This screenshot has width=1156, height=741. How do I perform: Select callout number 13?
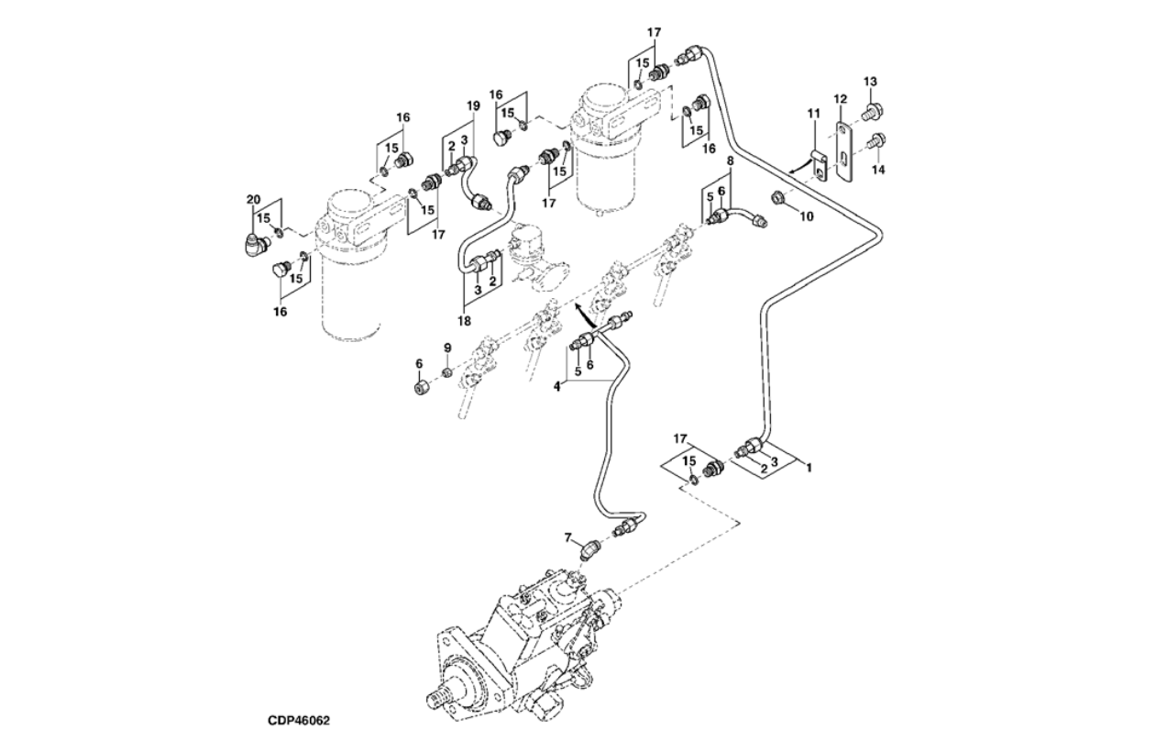pyautogui.click(x=869, y=83)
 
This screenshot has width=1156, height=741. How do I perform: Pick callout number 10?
pyautogui.click(x=807, y=216)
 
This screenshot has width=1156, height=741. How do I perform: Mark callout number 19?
pyautogui.click(x=473, y=106)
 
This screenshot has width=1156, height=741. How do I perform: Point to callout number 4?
pyautogui.click(x=557, y=386)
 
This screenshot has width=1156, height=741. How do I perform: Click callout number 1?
pyautogui.click(x=809, y=467)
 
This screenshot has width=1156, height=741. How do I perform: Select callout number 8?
pyautogui.click(x=730, y=160)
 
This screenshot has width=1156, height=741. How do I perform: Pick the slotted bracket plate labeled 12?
pyautogui.click(x=844, y=151)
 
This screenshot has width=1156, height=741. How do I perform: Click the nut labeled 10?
pyautogui.click(x=779, y=196)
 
